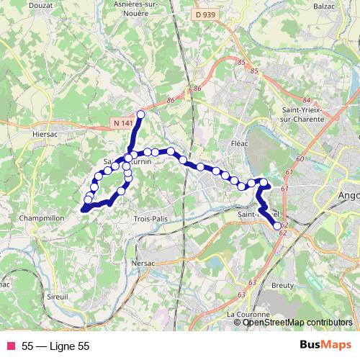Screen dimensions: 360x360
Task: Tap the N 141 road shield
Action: coord(124,124)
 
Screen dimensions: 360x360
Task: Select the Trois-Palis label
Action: coord(151,218)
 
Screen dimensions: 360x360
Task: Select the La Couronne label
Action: coord(248,315)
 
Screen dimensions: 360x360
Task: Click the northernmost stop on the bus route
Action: coord(140,114)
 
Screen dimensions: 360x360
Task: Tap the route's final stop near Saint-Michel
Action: coord(277,226)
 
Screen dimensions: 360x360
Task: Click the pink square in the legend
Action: coord(10,346)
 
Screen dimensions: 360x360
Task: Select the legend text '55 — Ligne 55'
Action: coord(55,346)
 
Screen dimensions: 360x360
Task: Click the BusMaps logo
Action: coord(325,346)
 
